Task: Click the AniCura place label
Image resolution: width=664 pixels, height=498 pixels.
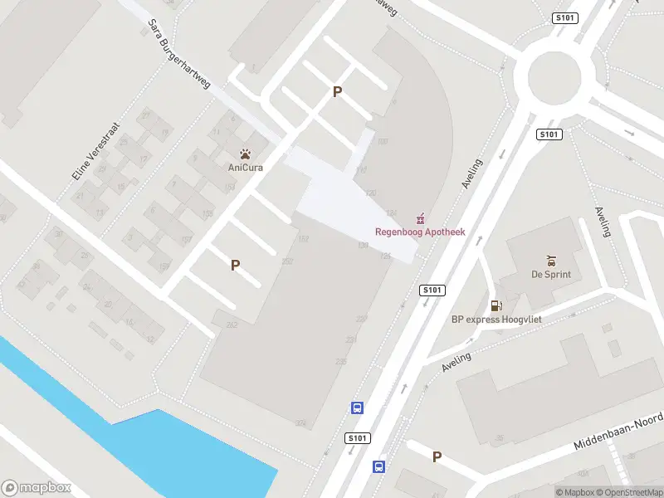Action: (x=245, y=167)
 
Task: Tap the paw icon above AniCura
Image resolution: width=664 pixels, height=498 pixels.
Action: (x=245, y=154)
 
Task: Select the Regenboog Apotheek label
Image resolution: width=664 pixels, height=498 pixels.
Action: (x=420, y=232)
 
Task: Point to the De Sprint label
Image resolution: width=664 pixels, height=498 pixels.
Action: (x=551, y=275)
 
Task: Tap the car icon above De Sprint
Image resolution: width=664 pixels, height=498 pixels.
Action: (x=551, y=261)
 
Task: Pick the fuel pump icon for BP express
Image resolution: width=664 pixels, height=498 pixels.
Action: (x=496, y=305)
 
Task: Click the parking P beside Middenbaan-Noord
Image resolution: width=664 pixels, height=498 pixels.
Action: (x=437, y=456)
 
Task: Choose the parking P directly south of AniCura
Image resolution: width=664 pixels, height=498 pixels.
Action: (x=236, y=266)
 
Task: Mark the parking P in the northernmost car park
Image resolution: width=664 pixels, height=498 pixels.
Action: (x=337, y=92)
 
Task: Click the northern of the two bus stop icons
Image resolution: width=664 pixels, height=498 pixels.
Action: (x=357, y=408)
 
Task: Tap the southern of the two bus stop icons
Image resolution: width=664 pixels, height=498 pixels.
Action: (x=378, y=466)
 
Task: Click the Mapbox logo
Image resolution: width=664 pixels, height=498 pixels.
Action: (x=37, y=488)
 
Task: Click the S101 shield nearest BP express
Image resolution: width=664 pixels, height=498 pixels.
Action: (x=433, y=290)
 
